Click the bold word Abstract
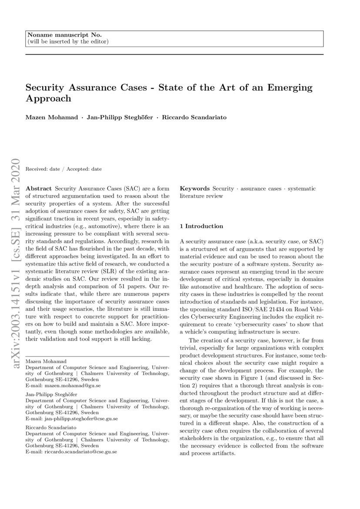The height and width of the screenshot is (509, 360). pyautogui.click(x=40, y=189)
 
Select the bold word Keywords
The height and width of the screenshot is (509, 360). pyautogui.click(x=195, y=189)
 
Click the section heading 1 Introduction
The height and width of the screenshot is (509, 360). pyautogui.click(x=201, y=226)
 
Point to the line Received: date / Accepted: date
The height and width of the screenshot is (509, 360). pyautogui.click(x=64, y=169)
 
